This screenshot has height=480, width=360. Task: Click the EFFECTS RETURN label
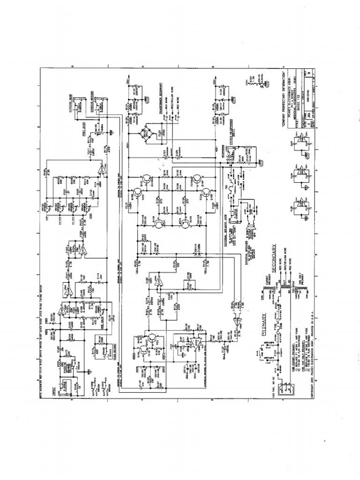[x=92, y=100]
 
